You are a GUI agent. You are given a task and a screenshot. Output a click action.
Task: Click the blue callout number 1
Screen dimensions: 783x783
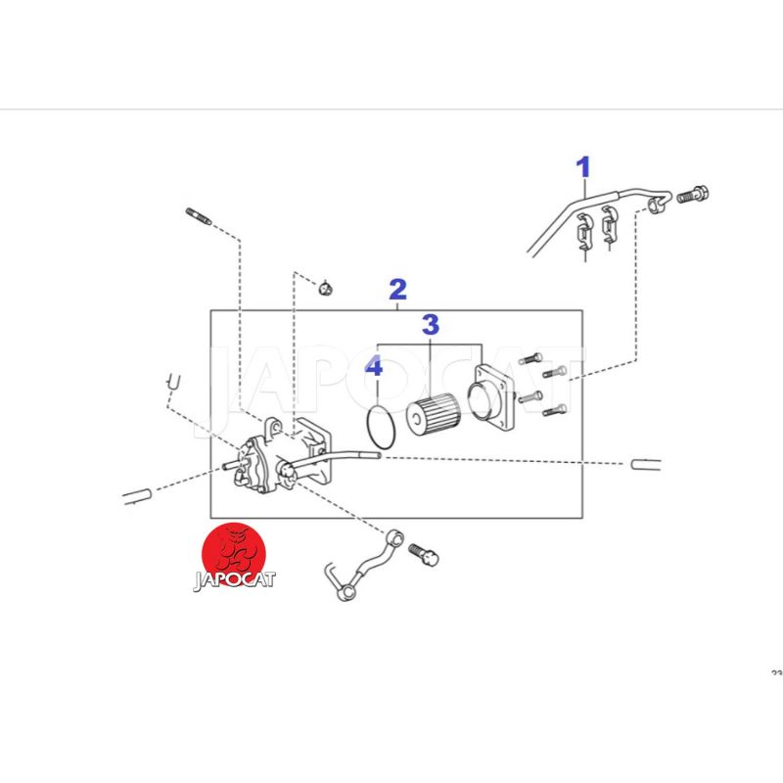point(583,167)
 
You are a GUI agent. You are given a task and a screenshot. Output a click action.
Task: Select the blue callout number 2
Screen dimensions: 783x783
point(398,289)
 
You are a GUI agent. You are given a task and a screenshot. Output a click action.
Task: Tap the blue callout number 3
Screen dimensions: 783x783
point(431,325)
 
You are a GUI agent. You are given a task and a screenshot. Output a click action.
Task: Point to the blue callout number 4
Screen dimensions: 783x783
point(374,366)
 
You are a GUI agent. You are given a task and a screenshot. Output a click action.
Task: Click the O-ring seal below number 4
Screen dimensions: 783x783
point(368,427)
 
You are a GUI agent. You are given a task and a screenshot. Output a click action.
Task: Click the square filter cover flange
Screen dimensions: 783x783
point(491,398)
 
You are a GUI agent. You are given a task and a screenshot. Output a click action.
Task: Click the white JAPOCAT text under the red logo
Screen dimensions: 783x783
point(234,580)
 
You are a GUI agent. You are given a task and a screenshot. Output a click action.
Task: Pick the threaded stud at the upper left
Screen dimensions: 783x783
point(199,216)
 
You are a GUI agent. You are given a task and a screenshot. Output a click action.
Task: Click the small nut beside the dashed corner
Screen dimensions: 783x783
point(326,288)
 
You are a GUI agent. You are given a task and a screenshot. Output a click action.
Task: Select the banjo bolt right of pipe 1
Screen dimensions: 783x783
point(693,194)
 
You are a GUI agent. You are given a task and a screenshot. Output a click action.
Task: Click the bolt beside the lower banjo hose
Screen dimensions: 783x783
point(424,555)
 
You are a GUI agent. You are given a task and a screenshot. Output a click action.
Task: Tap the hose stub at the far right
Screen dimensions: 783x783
point(646,464)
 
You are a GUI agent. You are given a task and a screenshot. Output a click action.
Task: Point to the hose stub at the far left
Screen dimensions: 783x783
point(137,496)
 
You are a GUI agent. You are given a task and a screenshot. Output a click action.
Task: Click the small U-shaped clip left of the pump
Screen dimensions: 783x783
point(173,383)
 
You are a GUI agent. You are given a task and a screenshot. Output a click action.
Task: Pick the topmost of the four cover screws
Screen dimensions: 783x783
point(530,358)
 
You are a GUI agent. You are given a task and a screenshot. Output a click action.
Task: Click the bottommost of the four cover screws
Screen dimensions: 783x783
point(555,410)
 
